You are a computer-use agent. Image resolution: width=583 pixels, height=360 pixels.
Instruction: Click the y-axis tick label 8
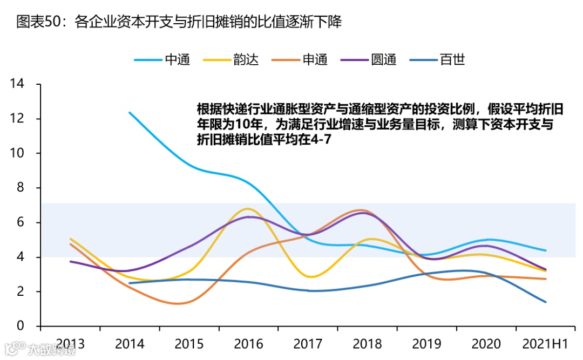[21, 188]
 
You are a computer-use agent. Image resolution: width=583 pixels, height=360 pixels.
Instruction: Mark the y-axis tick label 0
[21, 326]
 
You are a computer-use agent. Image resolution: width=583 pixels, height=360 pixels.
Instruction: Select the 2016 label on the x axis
[248, 344]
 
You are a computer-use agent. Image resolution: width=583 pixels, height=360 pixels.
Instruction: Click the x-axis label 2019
[426, 344]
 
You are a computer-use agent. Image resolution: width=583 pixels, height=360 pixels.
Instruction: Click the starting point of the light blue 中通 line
[129, 112]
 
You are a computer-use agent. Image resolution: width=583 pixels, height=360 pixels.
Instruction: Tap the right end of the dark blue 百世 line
[546, 302]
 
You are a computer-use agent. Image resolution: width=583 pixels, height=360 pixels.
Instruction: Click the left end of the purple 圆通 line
[71, 261]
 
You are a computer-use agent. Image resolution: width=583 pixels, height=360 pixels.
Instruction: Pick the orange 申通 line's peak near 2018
[362, 210]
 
